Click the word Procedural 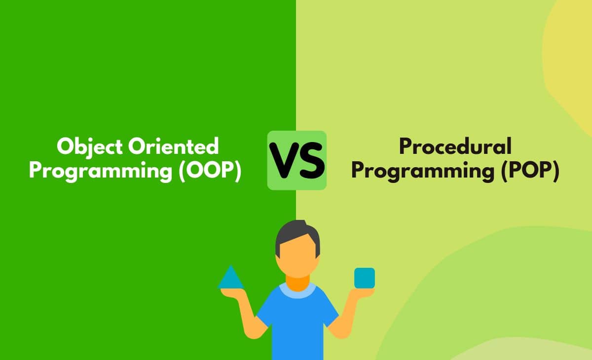point(455,146)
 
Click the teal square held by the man point(364,278)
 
